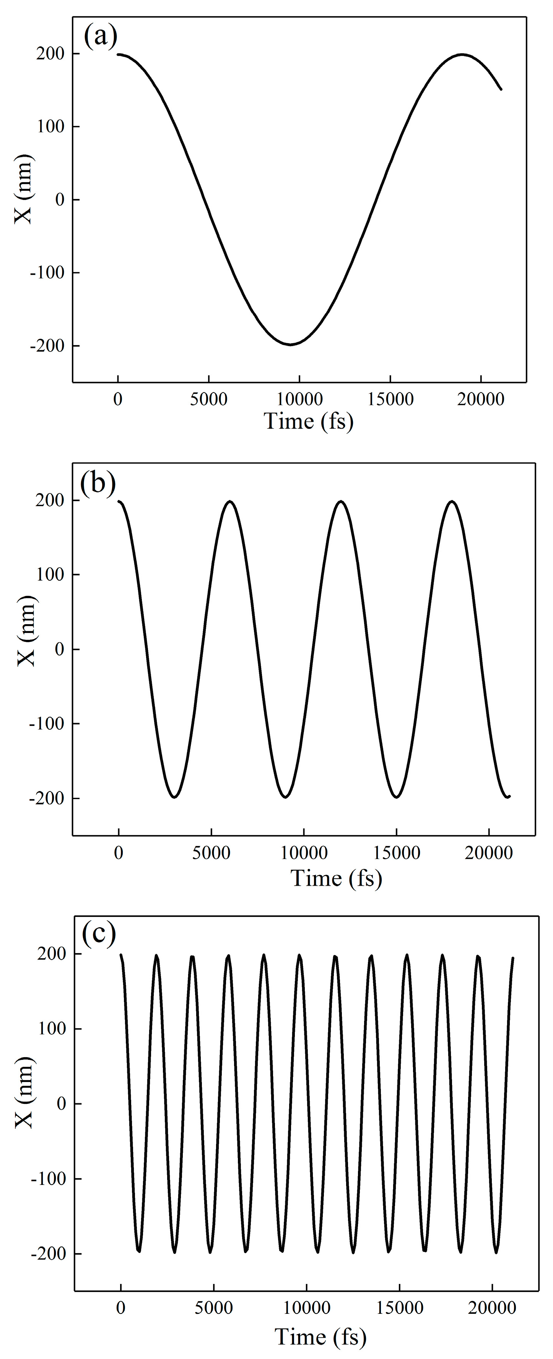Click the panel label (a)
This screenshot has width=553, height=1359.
click(x=100, y=37)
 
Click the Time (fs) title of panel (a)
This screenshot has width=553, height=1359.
click(x=308, y=422)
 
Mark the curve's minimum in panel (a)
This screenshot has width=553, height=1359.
click(x=290, y=345)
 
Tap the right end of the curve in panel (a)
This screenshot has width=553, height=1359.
click(x=501, y=89)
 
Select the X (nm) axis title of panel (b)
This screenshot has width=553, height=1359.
click(x=26, y=631)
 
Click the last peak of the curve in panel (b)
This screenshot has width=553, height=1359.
click(x=452, y=501)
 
